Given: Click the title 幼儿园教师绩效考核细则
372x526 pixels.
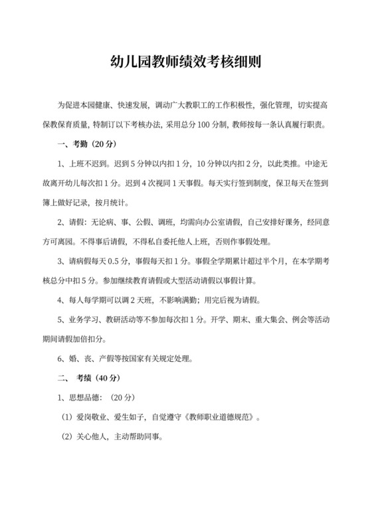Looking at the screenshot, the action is click(186, 63).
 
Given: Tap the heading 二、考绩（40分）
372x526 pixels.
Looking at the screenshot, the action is click(89, 379).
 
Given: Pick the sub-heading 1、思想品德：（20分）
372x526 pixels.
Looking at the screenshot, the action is click(97, 398).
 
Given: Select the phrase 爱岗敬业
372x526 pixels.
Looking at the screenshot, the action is click(96, 418).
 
